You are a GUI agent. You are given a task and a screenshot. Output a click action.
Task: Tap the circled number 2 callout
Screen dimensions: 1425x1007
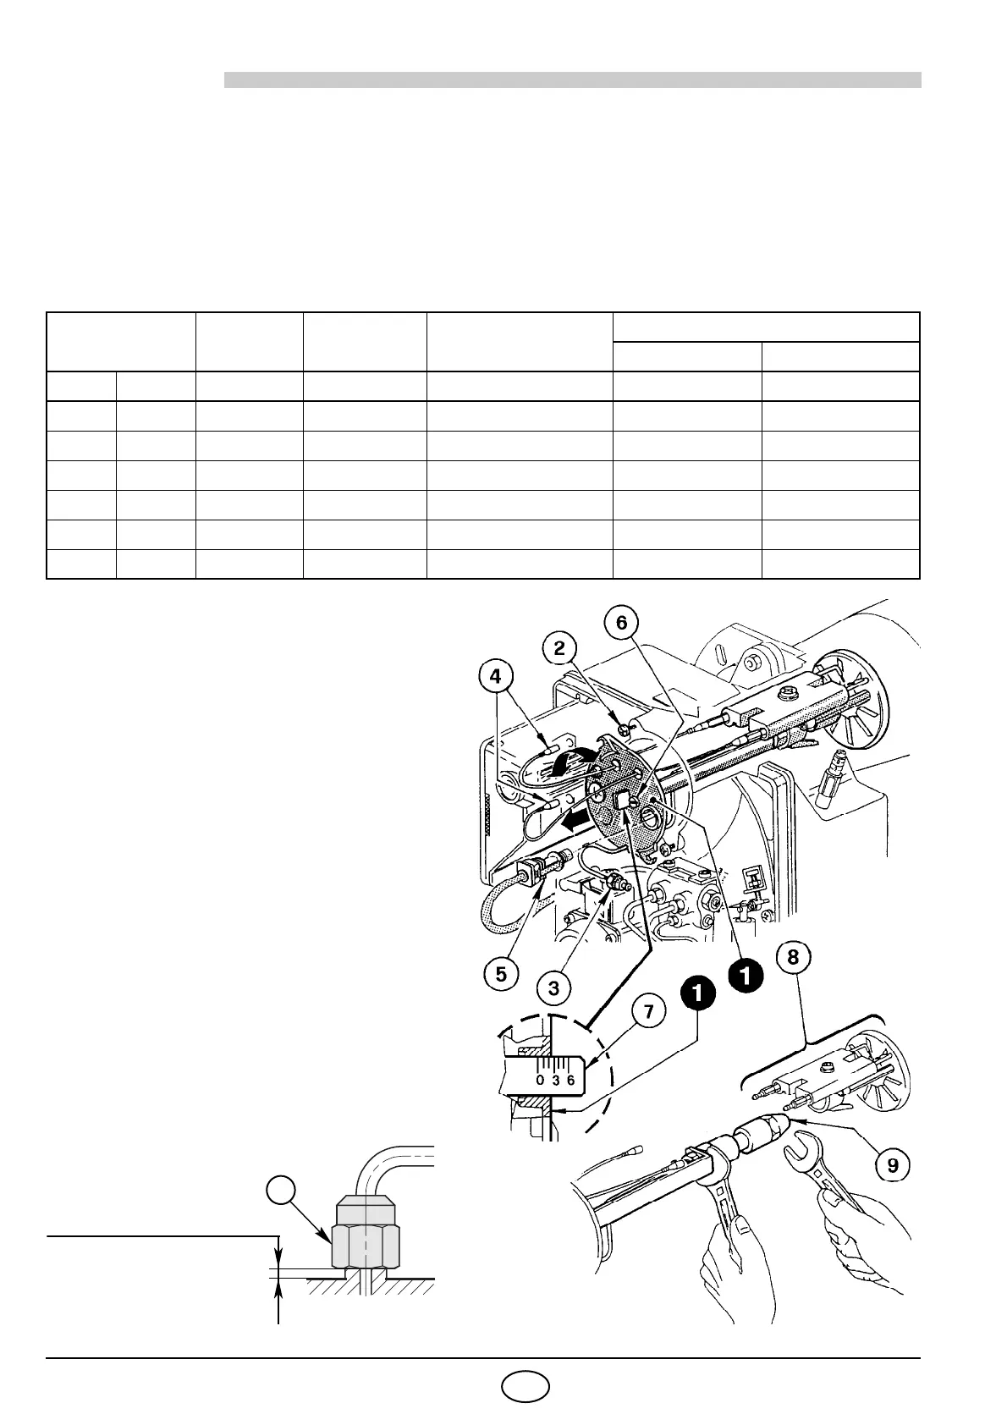point(560,648)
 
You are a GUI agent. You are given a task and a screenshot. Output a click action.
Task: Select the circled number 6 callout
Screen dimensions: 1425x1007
point(622,623)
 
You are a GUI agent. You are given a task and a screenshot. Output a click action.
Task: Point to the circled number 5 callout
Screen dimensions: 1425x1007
point(502,974)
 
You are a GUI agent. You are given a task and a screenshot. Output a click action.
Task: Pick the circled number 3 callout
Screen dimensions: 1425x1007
point(553,988)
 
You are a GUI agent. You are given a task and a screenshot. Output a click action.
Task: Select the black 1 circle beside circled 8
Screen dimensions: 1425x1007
point(746,976)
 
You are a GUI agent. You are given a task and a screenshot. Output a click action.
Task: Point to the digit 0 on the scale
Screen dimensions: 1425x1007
point(540,1081)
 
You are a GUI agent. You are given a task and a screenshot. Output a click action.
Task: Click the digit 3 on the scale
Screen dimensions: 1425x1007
point(556,1081)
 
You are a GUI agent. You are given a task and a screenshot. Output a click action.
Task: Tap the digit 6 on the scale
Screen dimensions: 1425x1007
point(571,1081)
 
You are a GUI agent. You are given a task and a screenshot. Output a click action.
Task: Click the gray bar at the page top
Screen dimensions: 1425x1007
point(572,80)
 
